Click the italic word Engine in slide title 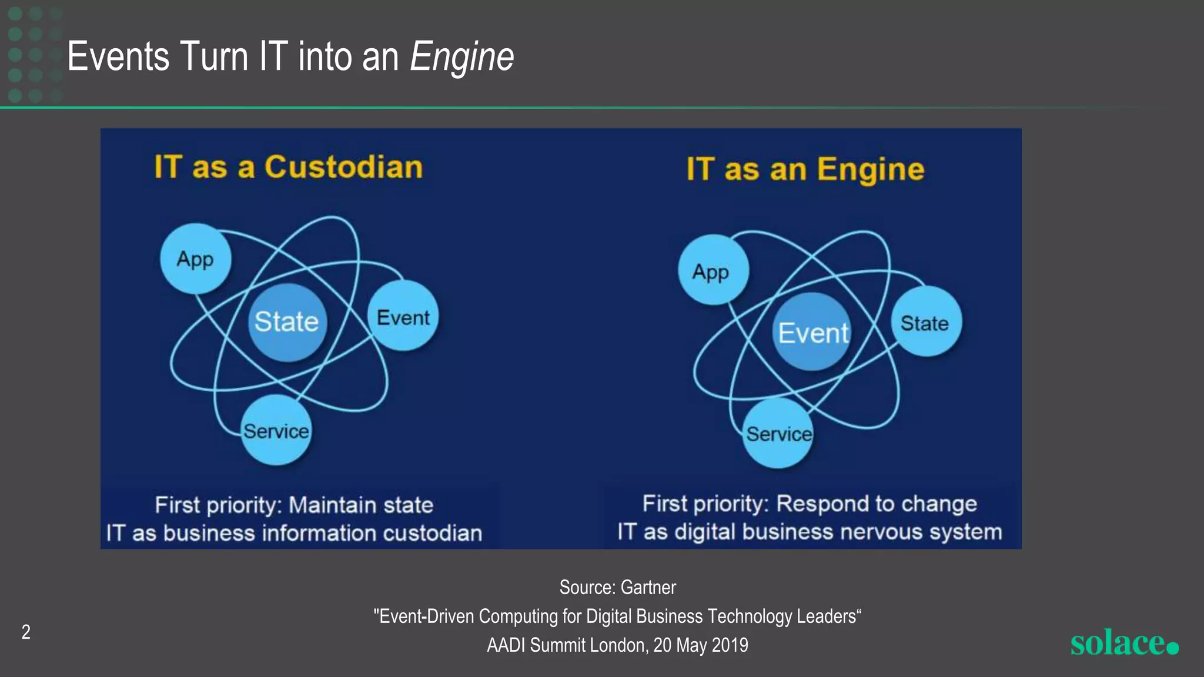pos(462,57)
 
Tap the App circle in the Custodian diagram pos(195,259)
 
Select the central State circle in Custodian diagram pos(286,322)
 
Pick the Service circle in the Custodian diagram pos(276,431)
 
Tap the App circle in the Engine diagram pos(713,270)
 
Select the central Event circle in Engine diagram pos(812,333)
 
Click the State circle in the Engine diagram pos(925,323)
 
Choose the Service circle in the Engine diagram pos(778,434)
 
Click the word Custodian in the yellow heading pos(343,167)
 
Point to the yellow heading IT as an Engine pos(805,169)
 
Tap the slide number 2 pos(26,632)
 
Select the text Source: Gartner pos(617,587)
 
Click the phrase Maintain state pos(361,505)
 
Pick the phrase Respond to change pos(876,504)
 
